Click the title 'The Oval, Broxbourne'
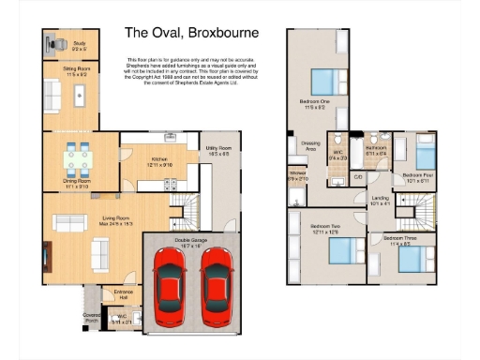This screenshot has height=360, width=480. click(x=192, y=33)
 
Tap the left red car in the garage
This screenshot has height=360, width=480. click(x=171, y=286)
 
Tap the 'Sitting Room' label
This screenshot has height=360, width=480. click(x=77, y=69)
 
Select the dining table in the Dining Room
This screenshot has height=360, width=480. click(x=78, y=156)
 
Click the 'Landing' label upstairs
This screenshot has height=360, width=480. click(x=380, y=198)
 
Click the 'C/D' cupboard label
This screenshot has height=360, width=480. click(x=358, y=176)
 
